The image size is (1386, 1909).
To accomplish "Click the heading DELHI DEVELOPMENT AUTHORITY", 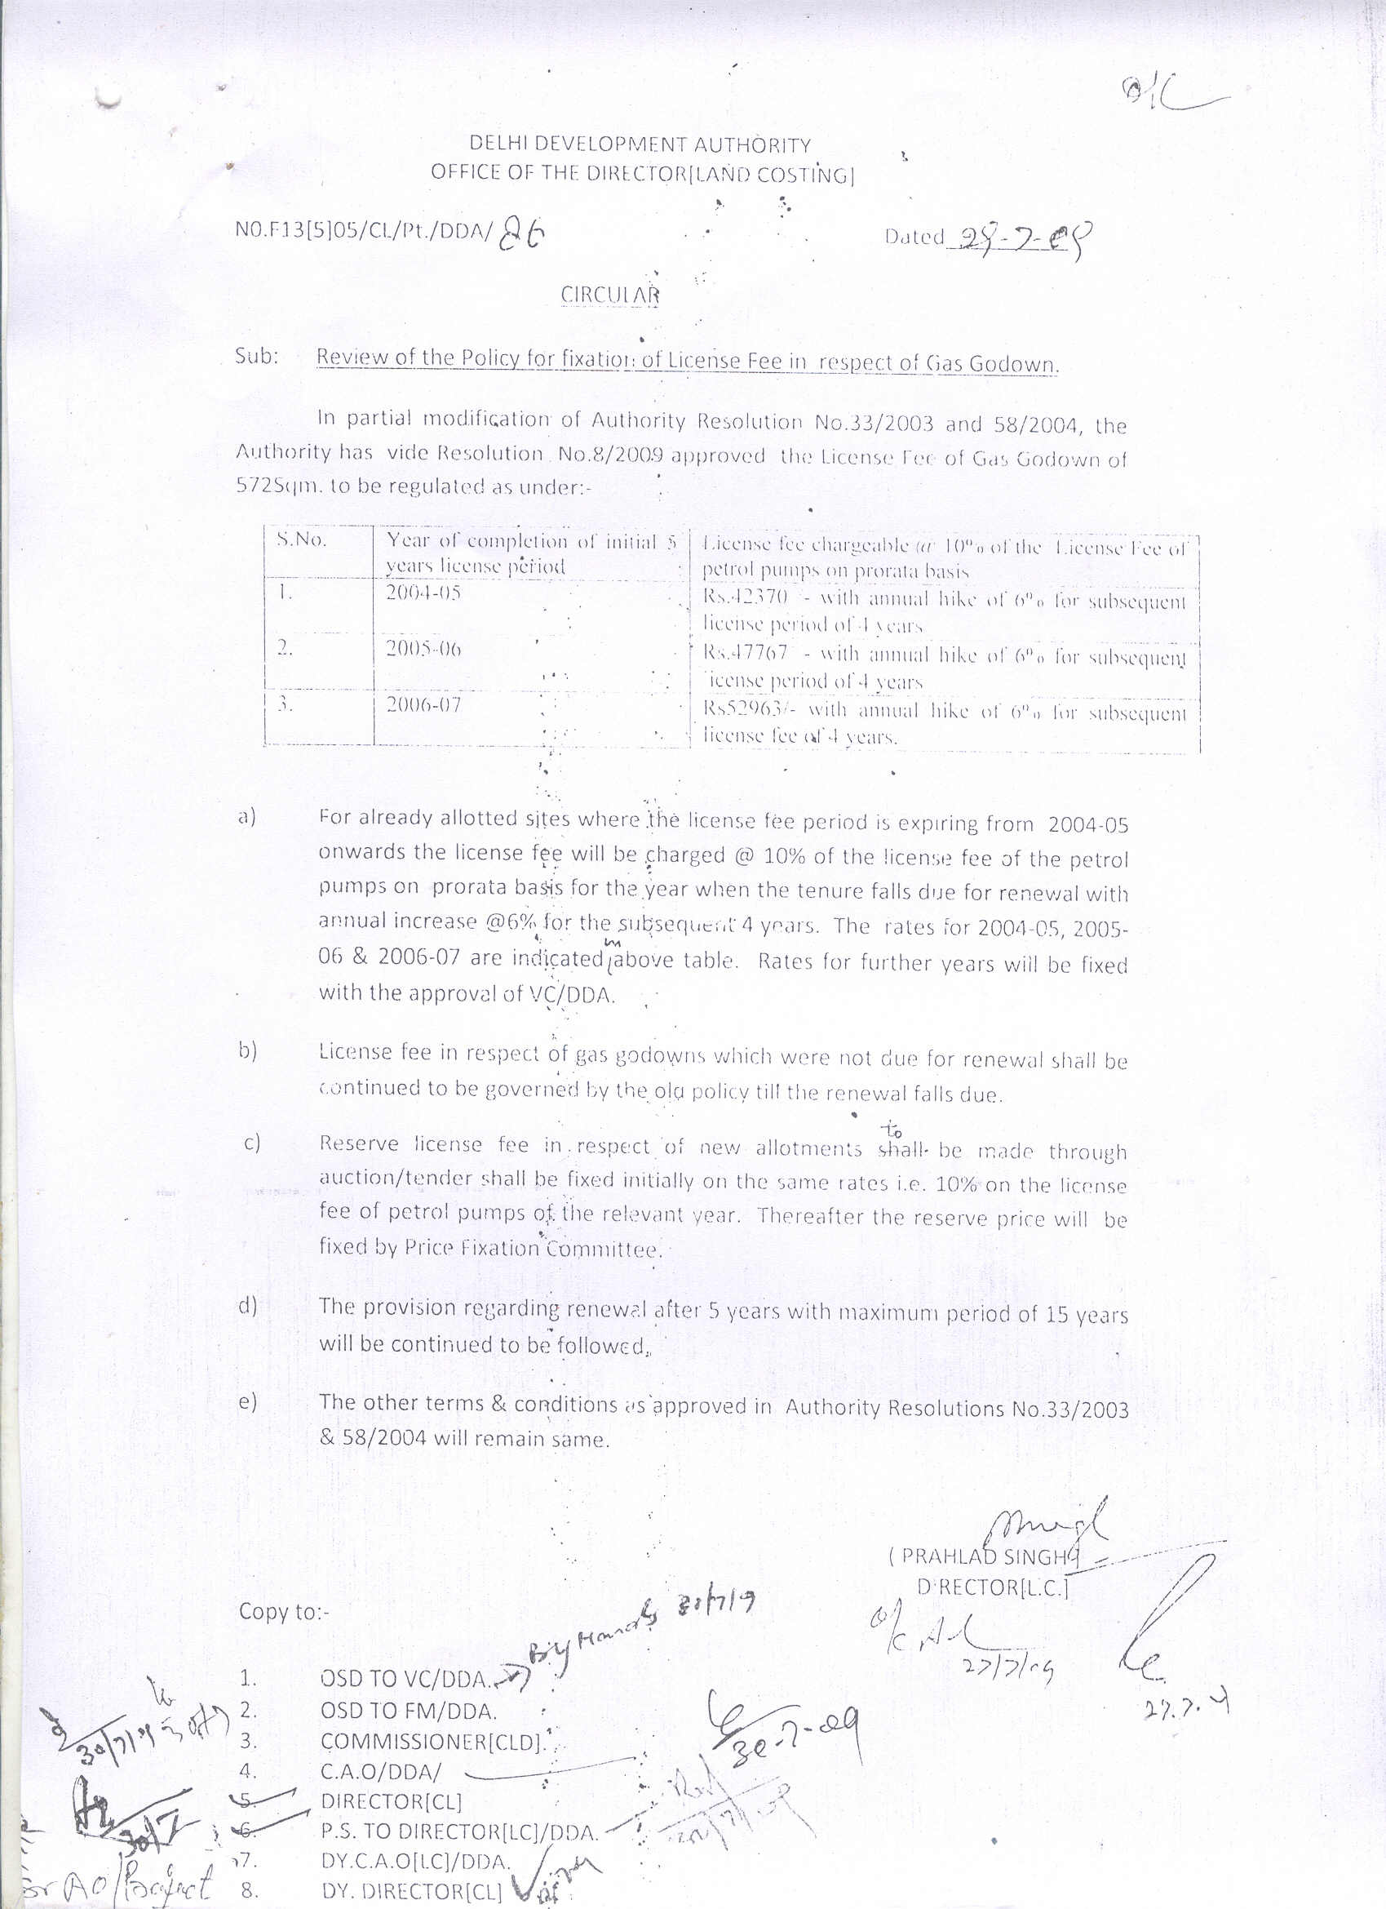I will pos(640,144).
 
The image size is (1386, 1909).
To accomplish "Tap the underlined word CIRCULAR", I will pos(610,295).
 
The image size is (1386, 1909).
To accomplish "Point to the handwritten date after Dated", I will pos(1017,238).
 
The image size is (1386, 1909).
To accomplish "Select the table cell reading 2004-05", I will pos(424,593).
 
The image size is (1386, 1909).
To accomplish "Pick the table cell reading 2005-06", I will pos(424,650).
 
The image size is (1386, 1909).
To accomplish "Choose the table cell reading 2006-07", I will pos(424,704).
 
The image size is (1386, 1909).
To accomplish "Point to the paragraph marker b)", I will pos(247,1051).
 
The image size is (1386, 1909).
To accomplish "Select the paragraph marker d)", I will pos(247,1307).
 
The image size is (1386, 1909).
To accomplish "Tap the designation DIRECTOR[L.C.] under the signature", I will pos(993,1587).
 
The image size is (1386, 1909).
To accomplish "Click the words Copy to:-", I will pos(285,1611).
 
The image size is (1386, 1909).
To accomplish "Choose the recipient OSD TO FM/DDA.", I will pos(409,1711).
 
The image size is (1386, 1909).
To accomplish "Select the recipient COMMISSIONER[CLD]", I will pos(430,1742).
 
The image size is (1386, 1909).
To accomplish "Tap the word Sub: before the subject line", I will pos(256,356).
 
